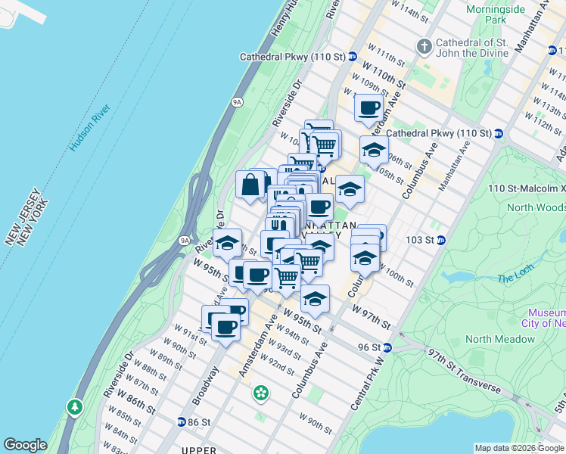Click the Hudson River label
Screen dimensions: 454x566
pos(89,113)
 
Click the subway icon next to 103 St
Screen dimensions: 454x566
pos(440,240)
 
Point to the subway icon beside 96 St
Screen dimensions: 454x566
pos(387,347)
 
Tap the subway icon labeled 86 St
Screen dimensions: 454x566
pos(182,421)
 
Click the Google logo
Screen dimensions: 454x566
pos(25,445)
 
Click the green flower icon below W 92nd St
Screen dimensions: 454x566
pos(261,393)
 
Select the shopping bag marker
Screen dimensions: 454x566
pos(250,185)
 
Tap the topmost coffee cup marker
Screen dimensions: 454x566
pos(369,107)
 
